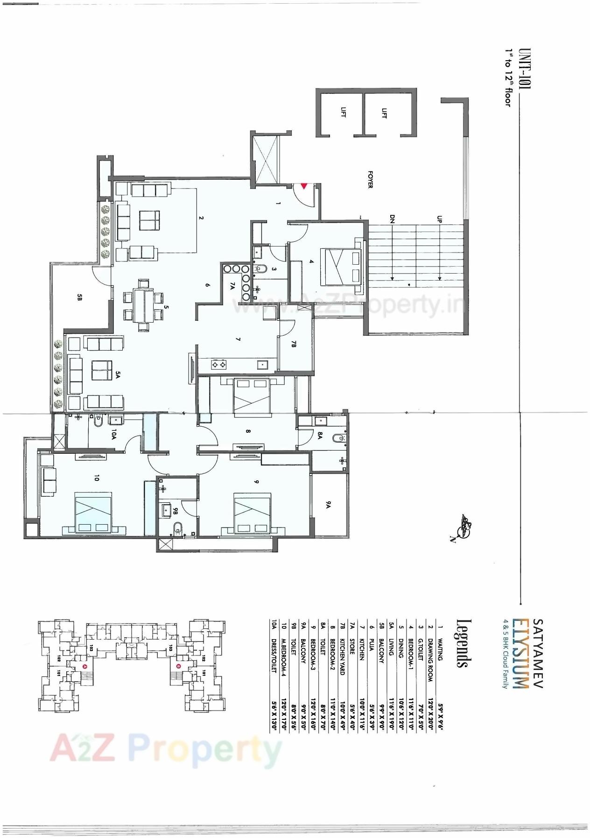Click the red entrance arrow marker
(x=304, y=186)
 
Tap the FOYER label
(x=370, y=179)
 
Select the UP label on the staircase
(x=439, y=219)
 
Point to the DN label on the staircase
(x=392, y=219)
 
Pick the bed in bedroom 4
(x=343, y=267)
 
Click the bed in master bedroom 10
(x=93, y=511)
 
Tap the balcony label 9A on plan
(x=329, y=504)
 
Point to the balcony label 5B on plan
(x=80, y=296)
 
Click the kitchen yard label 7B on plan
(x=294, y=345)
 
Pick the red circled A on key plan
(x=84, y=666)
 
